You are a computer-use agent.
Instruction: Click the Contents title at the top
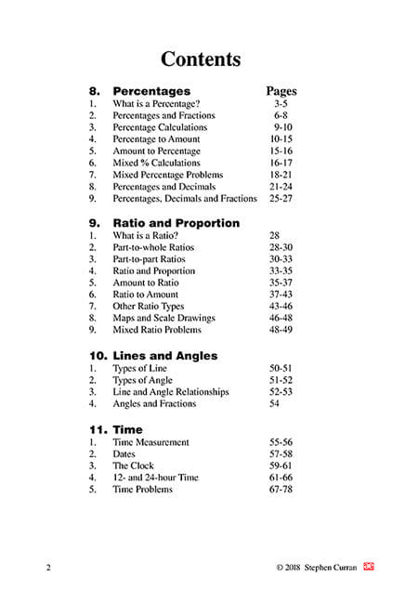[x=201, y=59]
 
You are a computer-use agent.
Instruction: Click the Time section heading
[x=127, y=430]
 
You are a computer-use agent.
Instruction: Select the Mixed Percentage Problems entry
[x=169, y=175]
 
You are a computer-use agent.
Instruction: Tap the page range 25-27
[x=282, y=198]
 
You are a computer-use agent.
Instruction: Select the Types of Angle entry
[x=143, y=380]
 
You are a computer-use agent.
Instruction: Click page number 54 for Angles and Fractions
[x=274, y=404]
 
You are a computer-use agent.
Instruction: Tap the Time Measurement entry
[x=150, y=442]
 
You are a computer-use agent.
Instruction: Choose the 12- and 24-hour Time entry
[x=156, y=478]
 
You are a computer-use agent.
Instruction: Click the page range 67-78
[x=281, y=490]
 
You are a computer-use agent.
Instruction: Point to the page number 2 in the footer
[x=46, y=566]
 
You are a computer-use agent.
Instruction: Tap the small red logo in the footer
[x=368, y=565]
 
